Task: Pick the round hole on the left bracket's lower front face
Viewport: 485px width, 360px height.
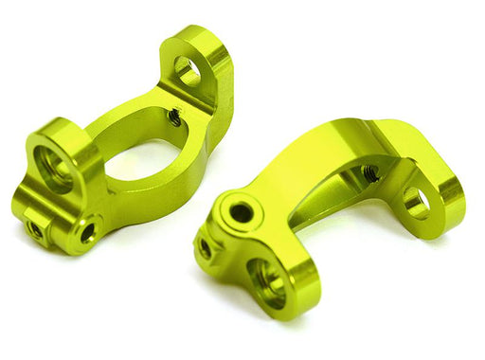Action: [87, 230]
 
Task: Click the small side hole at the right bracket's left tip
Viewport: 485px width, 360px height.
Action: [205, 248]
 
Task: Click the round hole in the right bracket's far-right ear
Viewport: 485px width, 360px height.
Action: [415, 202]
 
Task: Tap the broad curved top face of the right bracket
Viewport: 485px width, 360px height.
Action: [313, 161]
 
